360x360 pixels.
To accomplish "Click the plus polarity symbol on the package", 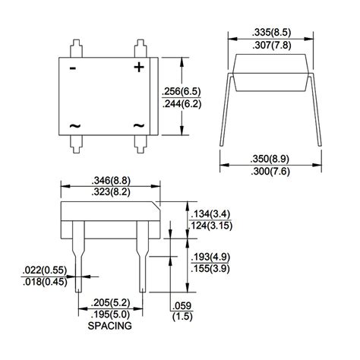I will (139, 67).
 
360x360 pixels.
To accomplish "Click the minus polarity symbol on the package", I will (74, 68).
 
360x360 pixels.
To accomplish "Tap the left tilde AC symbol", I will (74, 126).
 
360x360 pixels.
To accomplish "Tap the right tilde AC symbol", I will (139, 126).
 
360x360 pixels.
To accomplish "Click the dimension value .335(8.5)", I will (271, 32).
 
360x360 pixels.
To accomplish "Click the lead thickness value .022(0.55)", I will (43, 270).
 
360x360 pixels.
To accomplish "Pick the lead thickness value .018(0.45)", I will (43, 282).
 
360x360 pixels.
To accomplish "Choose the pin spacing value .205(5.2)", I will (110, 303).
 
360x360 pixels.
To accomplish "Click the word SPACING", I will (110, 327).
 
